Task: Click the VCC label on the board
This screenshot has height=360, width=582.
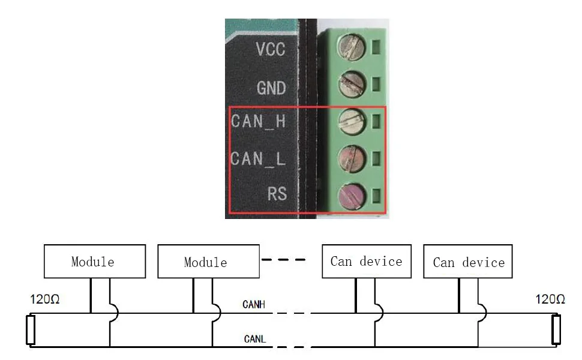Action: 271,49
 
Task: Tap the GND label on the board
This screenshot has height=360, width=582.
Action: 271,88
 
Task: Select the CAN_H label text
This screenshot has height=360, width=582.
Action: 258,121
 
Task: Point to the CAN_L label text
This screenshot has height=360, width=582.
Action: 258,158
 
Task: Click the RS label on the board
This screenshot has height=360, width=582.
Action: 277,194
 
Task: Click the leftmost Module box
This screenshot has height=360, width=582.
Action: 94,261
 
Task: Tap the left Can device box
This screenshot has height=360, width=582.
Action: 367,261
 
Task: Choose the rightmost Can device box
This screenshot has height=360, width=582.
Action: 469,262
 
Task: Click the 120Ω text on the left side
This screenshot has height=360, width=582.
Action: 45,299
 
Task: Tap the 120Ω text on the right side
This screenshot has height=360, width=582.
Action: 550,299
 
